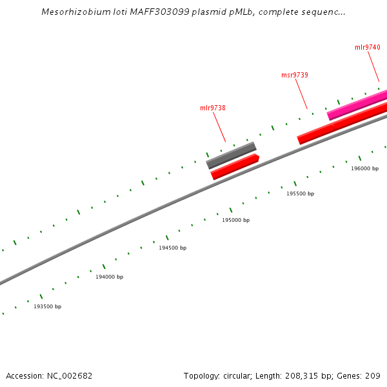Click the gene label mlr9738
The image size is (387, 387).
tap(213, 108)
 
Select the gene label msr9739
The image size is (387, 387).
tap(295, 75)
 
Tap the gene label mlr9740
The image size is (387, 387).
tap(368, 47)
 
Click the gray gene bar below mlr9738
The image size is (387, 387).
tap(231, 155)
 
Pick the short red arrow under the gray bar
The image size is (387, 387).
tap(235, 166)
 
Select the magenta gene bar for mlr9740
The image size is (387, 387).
tap(357, 105)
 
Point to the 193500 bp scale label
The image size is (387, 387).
tap(48, 306)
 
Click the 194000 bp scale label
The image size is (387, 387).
tap(110, 277)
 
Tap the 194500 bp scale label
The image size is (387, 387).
tap(173, 248)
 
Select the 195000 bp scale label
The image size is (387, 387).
tap(236, 220)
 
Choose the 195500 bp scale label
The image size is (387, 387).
tap(301, 193)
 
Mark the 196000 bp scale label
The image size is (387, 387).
tap(365, 168)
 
